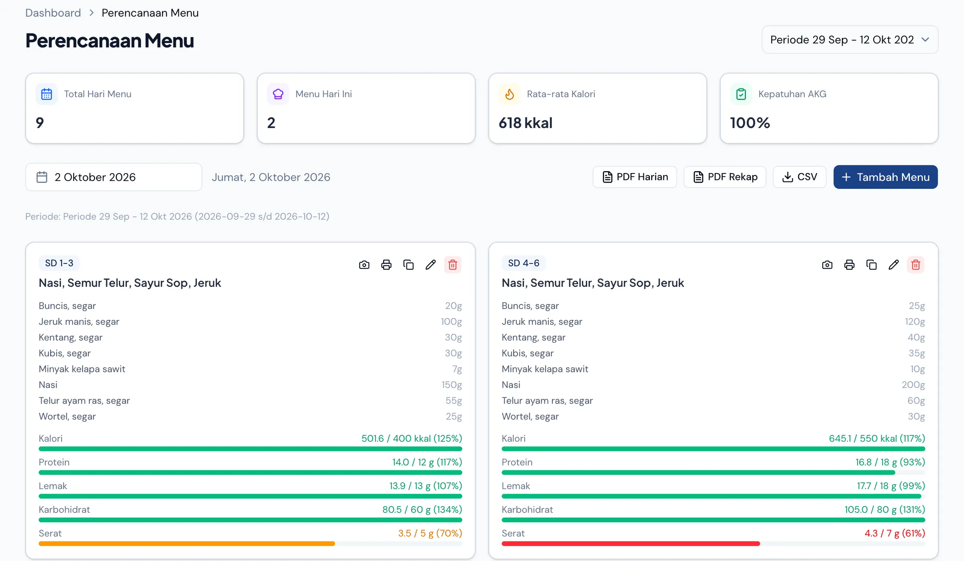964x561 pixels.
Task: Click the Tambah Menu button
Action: coord(885,177)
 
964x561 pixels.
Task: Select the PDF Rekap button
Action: coord(725,177)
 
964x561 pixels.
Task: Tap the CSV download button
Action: coord(799,177)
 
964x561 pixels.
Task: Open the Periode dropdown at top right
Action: coord(850,40)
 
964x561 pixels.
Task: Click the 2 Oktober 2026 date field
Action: coord(114,177)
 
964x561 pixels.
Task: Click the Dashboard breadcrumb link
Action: coord(53,13)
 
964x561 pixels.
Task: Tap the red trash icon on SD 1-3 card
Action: coord(453,265)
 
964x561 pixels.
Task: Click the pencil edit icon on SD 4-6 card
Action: coord(894,265)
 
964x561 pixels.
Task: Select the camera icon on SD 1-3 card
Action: coord(364,265)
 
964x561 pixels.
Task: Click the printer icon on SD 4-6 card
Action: coord(850,265)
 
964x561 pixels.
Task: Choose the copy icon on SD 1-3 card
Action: coord(408,265)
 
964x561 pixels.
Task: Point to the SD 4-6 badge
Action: coord(524,263)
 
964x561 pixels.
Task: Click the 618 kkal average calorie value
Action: coord(525,123)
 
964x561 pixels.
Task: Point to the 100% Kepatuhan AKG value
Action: coord(750,123)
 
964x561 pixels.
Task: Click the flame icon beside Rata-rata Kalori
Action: coord(509,94)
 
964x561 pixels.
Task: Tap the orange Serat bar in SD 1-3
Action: coord(187,544)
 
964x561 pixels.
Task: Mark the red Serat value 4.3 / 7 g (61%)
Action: coord(895,533)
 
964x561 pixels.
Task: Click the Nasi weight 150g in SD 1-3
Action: coord(452,385)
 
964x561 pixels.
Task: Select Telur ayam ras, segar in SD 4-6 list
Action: coord(547,401)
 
